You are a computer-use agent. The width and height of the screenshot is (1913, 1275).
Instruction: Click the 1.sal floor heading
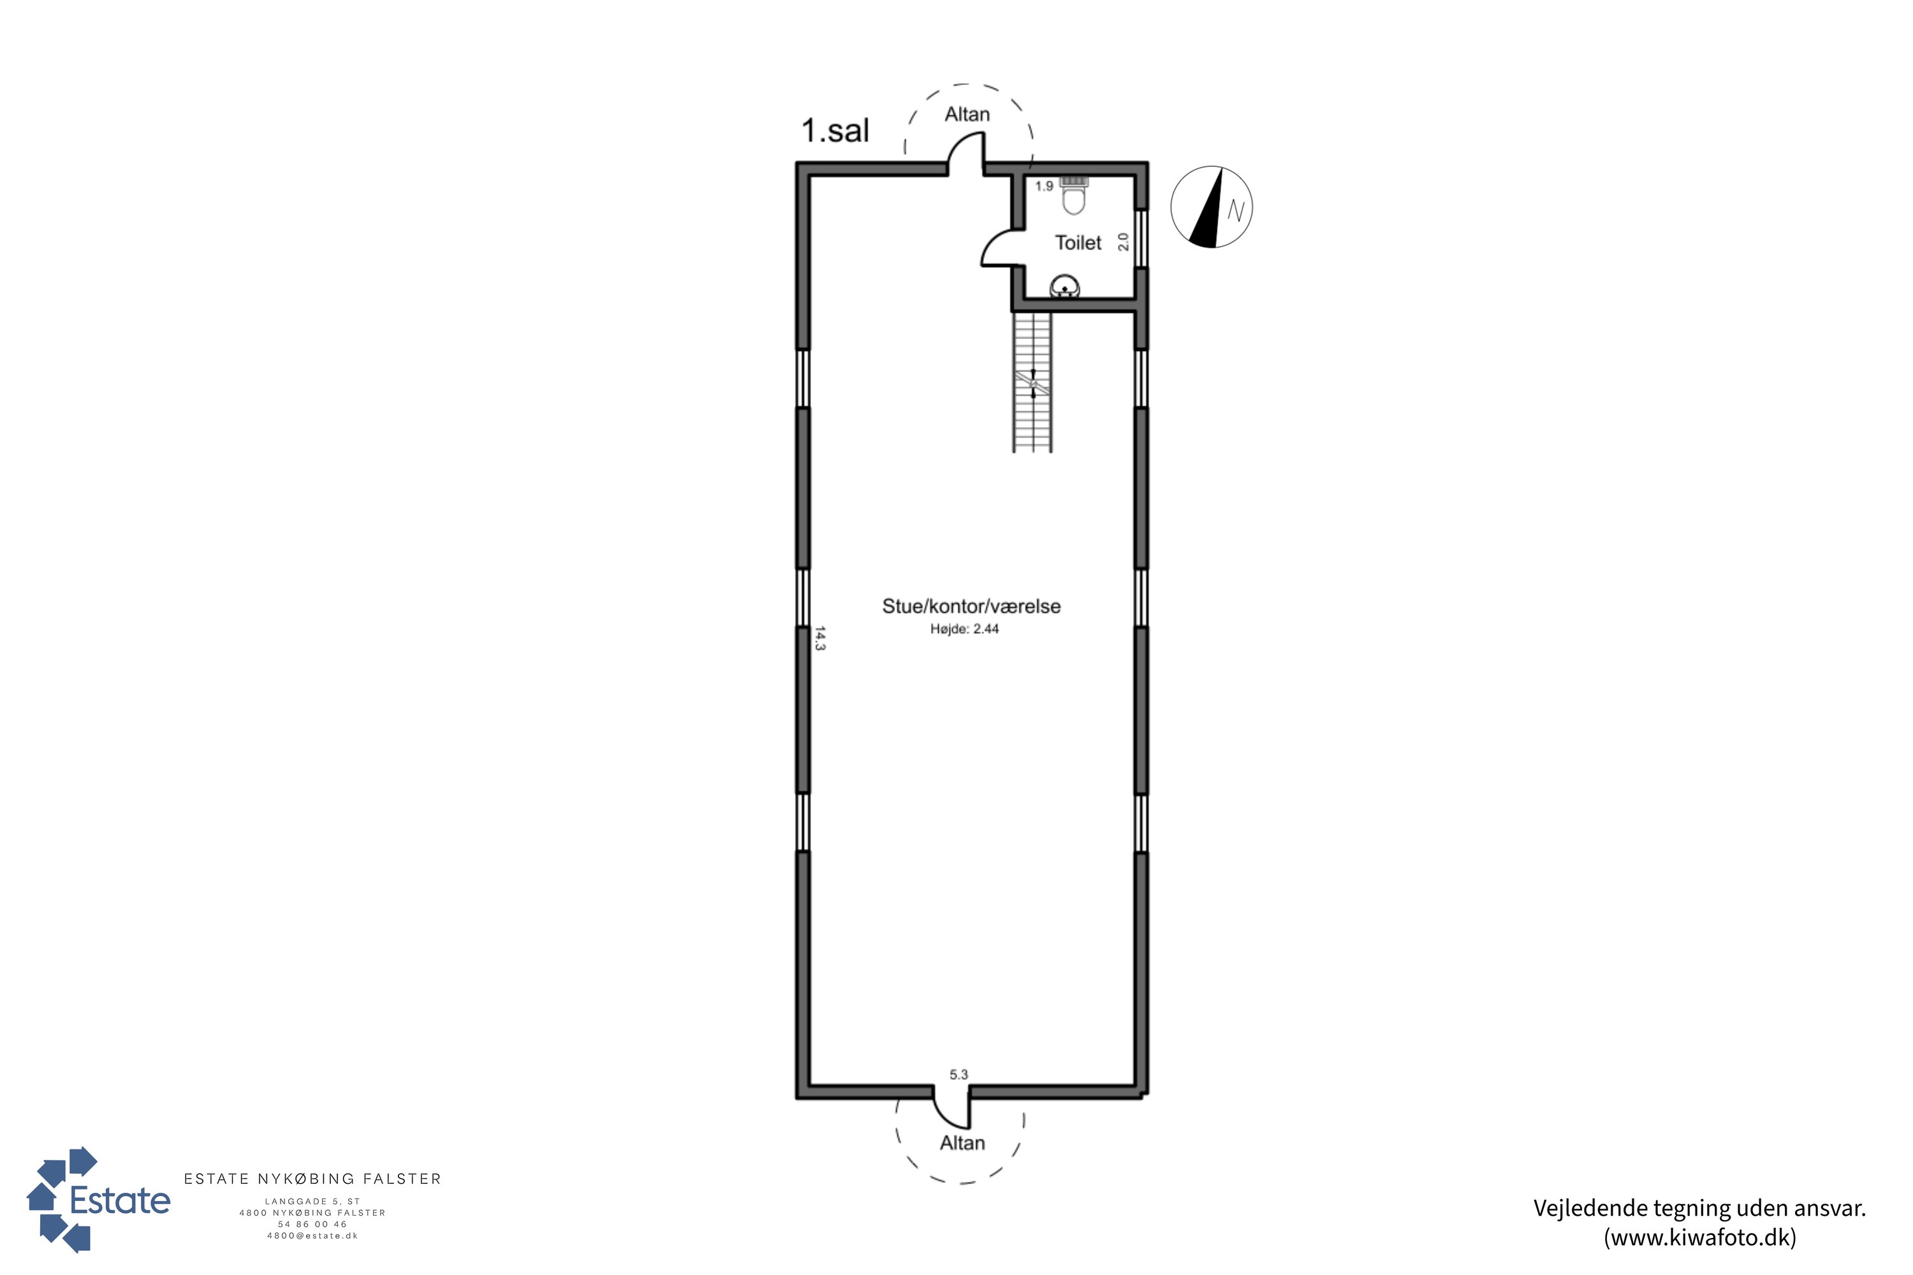[x=835, y=131]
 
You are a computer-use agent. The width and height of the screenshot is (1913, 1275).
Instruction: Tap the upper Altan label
[x=967, y=115]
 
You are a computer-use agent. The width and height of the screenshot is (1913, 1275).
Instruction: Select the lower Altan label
[x=962, y=1143]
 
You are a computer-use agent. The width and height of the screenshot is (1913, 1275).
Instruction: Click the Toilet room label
[x=1078, y=242]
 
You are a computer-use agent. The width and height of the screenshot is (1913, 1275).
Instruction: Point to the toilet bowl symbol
[x=1074, y=195]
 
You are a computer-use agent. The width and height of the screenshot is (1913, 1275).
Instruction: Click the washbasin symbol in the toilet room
[x=1065, y=287]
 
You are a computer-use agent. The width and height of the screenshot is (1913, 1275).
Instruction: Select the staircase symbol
[x=1033, y=382]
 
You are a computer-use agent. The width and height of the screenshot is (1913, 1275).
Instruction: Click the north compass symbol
[x=1212, y=207]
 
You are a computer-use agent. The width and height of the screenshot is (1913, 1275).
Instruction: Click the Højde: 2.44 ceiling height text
[x=965, y=629]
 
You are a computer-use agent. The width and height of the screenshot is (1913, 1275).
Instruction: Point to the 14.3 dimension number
[x=820, y=638]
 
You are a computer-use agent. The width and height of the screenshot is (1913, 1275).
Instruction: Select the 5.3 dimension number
[x=959, y=1074]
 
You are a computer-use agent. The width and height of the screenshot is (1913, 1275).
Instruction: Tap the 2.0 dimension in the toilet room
[x=1123, y=242]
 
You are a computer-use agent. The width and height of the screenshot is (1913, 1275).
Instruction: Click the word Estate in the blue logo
[x=121, y=1201]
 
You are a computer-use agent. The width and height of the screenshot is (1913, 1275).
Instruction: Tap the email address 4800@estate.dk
[x=312, y=1236]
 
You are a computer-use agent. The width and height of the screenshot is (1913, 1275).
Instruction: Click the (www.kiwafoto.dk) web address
[x=1700, y=1237]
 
